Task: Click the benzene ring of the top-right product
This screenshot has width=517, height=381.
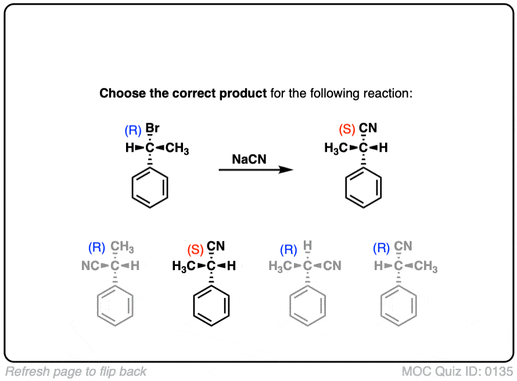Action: pyautogui.click(x=364, y=188)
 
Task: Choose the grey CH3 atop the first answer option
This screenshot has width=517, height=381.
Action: pyautogui.click(x=123, y=249)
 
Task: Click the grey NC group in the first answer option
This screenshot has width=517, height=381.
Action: pyautogui.click(x=91, y=267)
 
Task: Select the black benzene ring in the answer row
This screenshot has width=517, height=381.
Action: pyautogui.click(x=211, y=306)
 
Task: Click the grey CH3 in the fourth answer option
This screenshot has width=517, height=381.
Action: pyautogui.click(x=426, y=267)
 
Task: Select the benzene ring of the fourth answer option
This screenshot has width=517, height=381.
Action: pyautogui.click(x=398, y=306)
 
